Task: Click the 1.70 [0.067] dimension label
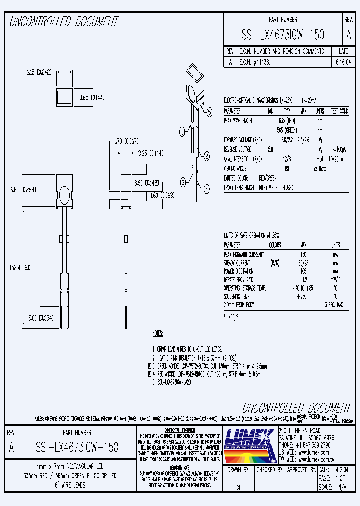[126, 141]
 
